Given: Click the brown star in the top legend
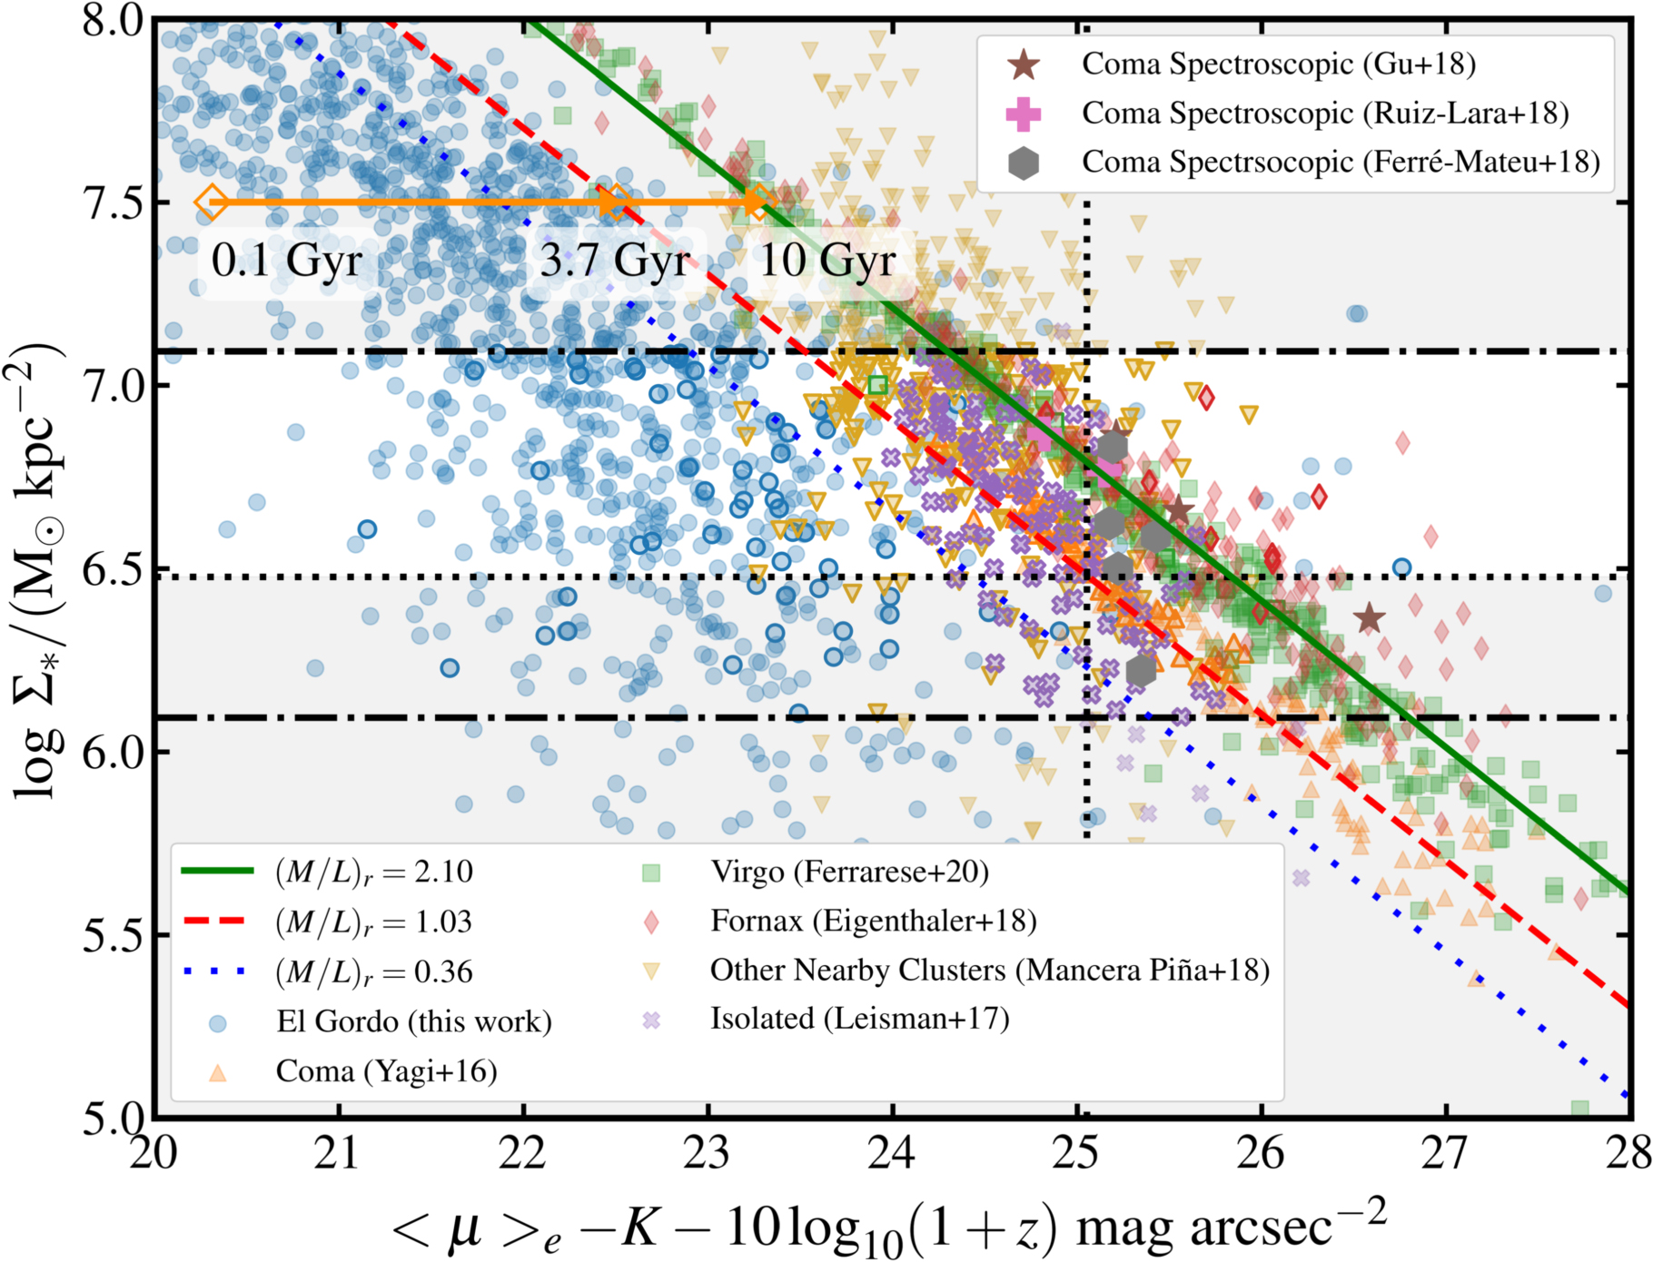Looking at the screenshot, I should coord(1024,64).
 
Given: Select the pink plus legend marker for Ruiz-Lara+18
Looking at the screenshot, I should coord(1024,113).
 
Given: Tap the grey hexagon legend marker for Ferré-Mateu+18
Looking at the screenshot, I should coord(1024,163).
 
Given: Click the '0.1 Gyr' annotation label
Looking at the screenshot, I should coord(286,261).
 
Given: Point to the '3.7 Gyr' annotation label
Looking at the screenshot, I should coord(615,261).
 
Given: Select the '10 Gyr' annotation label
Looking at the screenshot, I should coord(826,261).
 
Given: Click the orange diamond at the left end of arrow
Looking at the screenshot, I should coord(212,202).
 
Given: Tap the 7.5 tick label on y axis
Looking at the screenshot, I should coord(113,202).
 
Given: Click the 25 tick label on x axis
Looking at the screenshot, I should coord(1077,1154).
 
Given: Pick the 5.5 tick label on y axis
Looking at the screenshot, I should coord(113,935).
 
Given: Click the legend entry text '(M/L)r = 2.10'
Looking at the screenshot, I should coord(374,872).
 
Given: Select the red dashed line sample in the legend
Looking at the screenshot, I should coord(217,922).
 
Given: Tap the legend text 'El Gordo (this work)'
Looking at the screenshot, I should coord(414,1021).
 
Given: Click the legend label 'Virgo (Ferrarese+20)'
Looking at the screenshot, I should coord(849,872).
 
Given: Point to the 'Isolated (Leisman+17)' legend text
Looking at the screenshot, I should coord(859,1019).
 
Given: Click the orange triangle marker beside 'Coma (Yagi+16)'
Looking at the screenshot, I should coord(217,1072).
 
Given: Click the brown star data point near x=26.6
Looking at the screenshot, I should coord(1370,619).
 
